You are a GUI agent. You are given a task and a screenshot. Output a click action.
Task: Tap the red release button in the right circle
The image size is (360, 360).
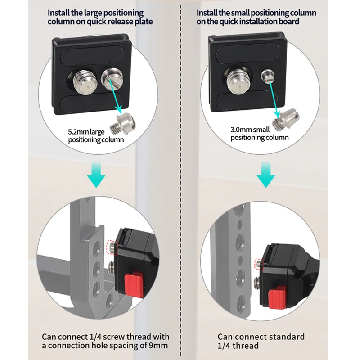(x=275, y=297)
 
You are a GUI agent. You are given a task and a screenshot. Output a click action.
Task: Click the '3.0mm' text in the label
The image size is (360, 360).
(x=240, y=130)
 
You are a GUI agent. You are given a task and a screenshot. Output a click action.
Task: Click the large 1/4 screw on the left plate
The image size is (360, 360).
(x=85, y=79)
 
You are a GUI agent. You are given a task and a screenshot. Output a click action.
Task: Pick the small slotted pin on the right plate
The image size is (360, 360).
(x=268, y=76)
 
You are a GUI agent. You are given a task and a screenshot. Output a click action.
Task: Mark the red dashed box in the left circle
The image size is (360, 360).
(x=111, y=247)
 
